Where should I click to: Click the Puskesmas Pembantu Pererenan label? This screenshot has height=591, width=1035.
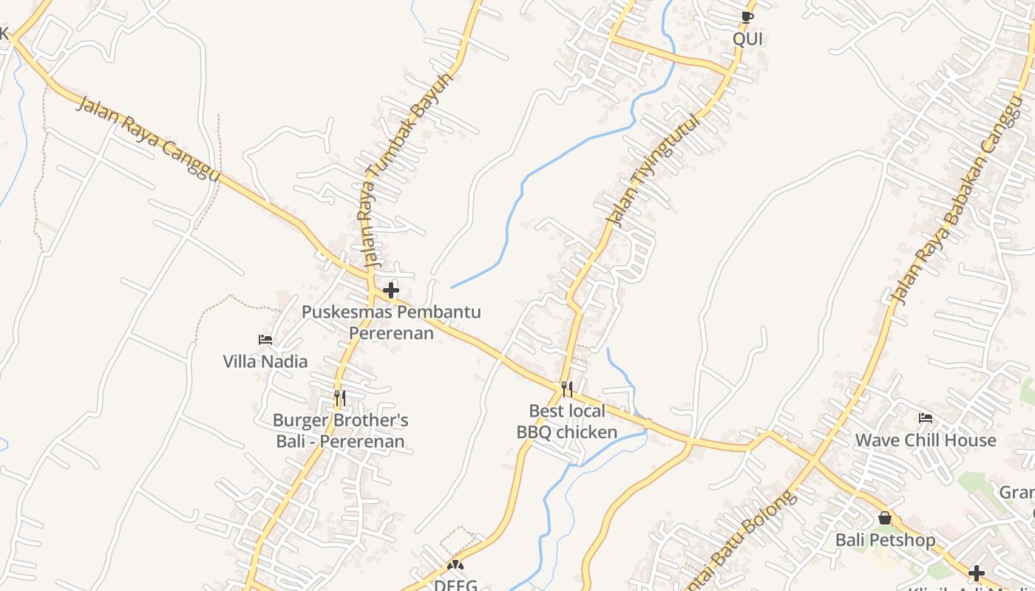391,322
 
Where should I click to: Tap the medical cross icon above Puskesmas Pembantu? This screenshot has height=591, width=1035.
391,290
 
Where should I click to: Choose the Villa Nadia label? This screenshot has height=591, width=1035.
265,361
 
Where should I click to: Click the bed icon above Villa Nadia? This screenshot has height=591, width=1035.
265,340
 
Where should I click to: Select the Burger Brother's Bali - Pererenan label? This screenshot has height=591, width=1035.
340,431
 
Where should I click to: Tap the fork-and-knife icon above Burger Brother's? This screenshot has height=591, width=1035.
339,398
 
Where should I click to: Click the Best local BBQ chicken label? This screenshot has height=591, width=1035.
566,421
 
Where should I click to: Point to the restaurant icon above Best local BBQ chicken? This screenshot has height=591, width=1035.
567,389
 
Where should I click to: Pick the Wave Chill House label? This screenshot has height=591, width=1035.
926,440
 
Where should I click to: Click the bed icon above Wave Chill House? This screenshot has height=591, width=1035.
926,418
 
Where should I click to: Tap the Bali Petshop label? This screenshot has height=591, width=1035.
885,540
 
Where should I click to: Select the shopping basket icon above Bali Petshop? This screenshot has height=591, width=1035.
885,518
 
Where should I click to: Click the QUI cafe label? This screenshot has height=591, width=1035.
747,38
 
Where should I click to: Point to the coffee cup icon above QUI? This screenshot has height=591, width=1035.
747,16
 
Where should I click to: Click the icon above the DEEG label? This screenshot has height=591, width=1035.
455,566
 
